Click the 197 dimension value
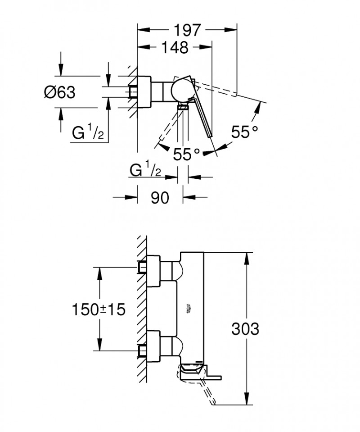pyautogui.click(x=187, y=30)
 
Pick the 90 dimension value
pyautogui.click(x=160, y=197)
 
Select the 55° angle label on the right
pyautogui.click(x=245, y=132)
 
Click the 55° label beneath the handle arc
pyautogui.click(x=186, y=155)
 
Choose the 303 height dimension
pyautogui.click(x=245, y=329)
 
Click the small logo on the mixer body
pyautogui.click(x=188, y=308)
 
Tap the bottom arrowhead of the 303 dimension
pyautogui.click(x=246, y=402)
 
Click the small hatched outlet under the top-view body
pyautogui.click(x=183, y=107)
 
